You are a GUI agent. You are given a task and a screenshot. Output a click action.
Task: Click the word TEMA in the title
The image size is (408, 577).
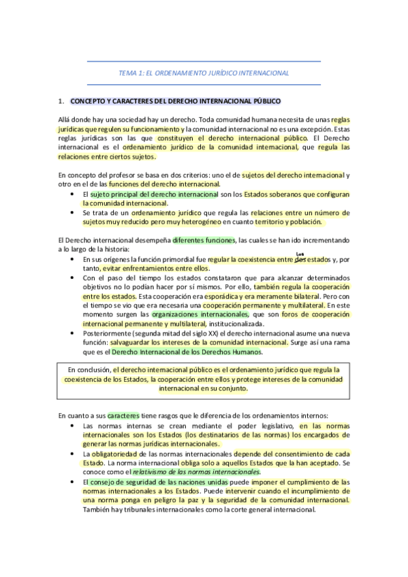[x=127, y=73]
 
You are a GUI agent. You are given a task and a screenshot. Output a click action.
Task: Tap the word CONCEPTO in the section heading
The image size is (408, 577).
[x=88, y=101]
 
